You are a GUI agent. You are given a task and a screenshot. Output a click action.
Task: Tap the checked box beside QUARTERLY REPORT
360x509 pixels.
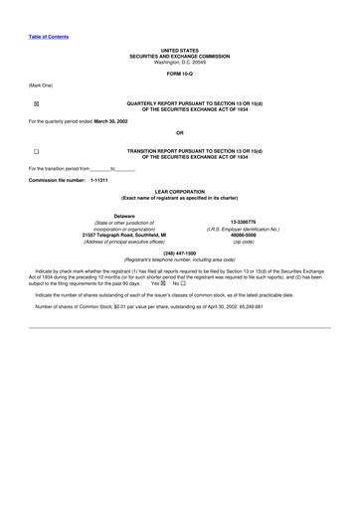[x=36, y=103]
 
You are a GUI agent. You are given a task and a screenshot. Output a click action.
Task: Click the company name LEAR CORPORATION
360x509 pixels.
[x=180, y=193]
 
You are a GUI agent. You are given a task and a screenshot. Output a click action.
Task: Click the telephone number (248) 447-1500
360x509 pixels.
[x=179, y=254]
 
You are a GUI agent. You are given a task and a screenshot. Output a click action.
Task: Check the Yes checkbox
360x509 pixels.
[x=165, y=282]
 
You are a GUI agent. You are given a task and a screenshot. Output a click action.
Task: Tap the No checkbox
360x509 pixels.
[x=184, y=282]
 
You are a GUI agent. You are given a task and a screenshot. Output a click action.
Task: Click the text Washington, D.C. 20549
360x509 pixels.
[x=180, y=63]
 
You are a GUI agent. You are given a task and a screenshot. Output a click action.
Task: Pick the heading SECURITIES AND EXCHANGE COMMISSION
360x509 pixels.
[x=180, y=57]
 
